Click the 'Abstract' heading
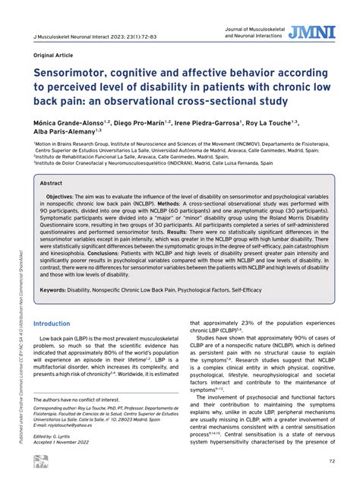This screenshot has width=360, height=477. pos(52,183)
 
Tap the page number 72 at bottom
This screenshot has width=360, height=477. pos(332,461)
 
